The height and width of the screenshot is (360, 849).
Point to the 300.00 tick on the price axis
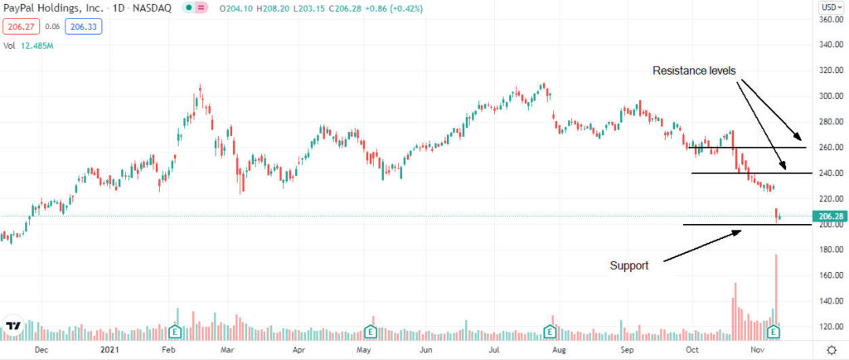832,95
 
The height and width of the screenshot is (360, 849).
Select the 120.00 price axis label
832,327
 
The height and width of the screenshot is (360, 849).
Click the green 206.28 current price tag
832,217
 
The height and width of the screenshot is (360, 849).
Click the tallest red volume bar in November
776,290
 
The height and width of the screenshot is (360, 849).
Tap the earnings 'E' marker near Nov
774,332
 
